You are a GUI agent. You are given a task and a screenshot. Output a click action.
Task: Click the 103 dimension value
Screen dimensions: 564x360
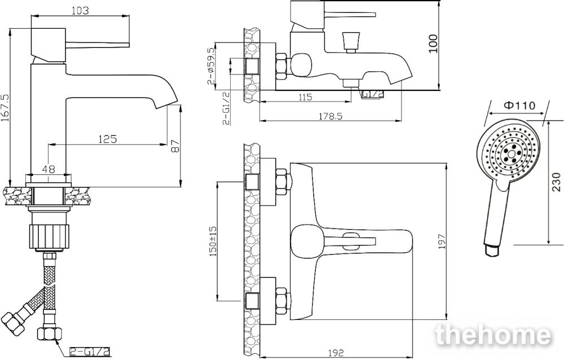click(x=80, y=11)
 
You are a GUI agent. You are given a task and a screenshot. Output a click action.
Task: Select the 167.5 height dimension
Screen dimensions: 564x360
click(x=5, y=108)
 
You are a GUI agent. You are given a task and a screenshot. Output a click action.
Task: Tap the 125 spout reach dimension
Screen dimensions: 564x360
click(x=108, y=139)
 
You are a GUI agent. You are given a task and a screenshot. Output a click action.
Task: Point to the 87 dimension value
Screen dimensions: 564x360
click(x=175, y=146)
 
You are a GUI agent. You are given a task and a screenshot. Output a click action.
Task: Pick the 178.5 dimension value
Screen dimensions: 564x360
click(x=329, y=116)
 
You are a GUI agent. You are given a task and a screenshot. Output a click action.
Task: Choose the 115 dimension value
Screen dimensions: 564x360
click(x=305, y=97)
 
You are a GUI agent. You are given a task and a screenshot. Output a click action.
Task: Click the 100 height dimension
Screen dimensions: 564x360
click(x=433, y=43)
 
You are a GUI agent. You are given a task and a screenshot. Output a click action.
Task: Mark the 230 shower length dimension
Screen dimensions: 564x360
click(x=556, y=182)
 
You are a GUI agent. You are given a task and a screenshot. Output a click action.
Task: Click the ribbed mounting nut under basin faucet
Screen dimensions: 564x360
click(x=49, y=236)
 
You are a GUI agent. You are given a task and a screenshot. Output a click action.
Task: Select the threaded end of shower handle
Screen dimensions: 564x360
click(x=492, y=251)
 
